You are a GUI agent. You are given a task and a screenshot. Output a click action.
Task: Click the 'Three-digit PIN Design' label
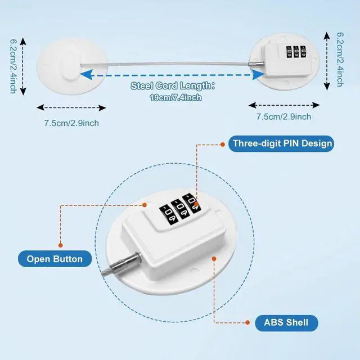(x=282, y=143)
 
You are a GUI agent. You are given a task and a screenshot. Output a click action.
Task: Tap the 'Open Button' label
(x=55, y=259)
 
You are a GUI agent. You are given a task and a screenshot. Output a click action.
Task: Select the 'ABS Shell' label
(x=286, y=323)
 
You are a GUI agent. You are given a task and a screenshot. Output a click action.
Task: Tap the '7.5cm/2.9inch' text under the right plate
(x=283, y=117)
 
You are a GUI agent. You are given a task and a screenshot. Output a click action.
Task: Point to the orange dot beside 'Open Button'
(x=61, y=244)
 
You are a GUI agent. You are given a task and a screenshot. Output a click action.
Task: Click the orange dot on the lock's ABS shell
(x=214, y=258)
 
